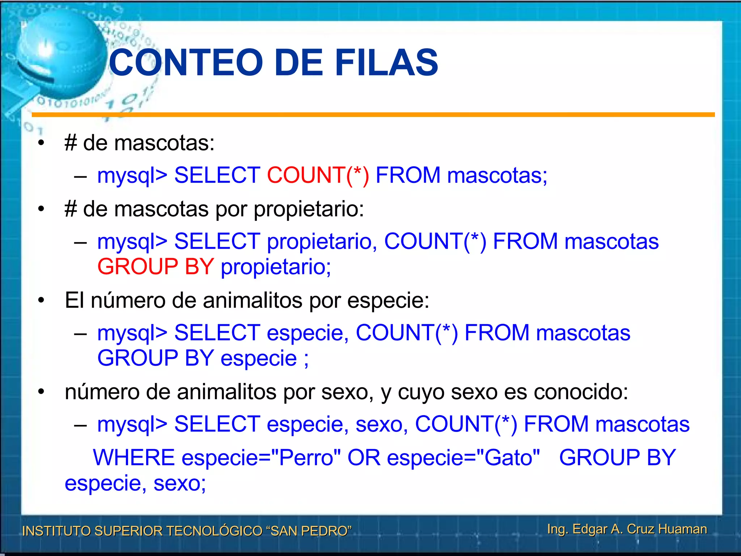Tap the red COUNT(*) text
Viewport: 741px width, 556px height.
tap(318, 176)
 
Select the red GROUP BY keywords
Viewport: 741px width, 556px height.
tap(156, 267)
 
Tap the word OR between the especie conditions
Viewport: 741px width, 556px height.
tap(364, 458)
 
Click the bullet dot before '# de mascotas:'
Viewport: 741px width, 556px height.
tap(41, 143)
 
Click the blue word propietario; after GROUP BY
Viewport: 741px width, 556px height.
tap(276, 267)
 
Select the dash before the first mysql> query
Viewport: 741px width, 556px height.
tap(80, 176)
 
